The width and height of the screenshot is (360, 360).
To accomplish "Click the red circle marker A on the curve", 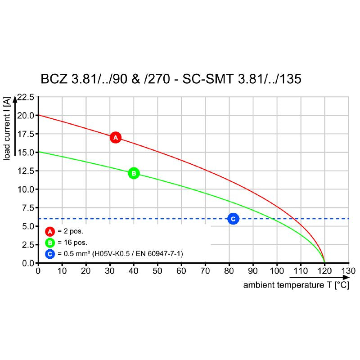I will click(115, 137).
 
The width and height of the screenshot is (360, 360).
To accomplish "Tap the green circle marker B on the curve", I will click(134, 173).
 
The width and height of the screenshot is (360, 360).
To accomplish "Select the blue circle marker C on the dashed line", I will click(233, 219).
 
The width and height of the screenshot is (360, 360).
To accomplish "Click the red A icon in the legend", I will click(50, 232).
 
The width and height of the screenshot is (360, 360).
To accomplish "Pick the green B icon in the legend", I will click(50, 243).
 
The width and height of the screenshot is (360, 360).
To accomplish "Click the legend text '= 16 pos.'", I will click(72, 243).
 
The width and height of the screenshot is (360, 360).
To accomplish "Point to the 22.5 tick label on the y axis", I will click(25, 97).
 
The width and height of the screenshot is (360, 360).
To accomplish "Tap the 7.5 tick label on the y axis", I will click(27, 208).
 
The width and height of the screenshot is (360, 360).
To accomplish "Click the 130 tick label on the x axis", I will click(348, 271).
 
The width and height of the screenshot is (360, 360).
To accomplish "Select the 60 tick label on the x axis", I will click(181, 271).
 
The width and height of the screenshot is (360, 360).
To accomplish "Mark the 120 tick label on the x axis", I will click(324, 271).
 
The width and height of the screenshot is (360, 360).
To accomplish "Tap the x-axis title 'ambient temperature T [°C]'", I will click(296, 285).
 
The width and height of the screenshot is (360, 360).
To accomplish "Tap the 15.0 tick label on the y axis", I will click(25, 153).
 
